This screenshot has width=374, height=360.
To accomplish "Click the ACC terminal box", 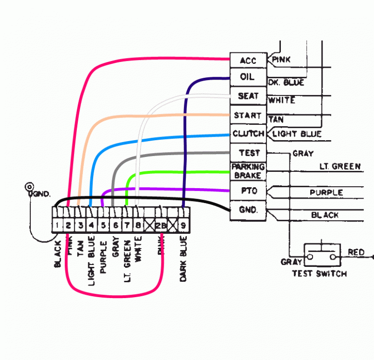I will pos(248,60).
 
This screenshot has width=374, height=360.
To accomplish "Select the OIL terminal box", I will pos(248,77).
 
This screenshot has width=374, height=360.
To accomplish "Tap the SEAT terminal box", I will pos(248,96).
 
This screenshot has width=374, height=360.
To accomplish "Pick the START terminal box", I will pos(248,116).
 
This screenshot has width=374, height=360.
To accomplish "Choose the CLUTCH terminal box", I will pos(248,133).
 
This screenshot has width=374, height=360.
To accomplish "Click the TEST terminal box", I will pos(248,153).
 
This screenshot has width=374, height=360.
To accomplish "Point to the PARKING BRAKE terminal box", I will pos(248,171).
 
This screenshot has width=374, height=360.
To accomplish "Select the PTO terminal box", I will pos(248,191).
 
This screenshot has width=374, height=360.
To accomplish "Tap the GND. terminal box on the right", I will pos(248,210).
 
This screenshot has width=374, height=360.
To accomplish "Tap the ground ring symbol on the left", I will pos(30,186).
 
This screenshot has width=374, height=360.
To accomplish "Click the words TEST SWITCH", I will pos(319,274).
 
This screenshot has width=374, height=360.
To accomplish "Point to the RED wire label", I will pos(356,252).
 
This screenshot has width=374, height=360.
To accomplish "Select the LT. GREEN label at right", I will pos(340,167).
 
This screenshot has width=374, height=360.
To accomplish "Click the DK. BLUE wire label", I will pos(286,83).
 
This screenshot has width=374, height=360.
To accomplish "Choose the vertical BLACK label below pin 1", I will pos(58,254).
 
